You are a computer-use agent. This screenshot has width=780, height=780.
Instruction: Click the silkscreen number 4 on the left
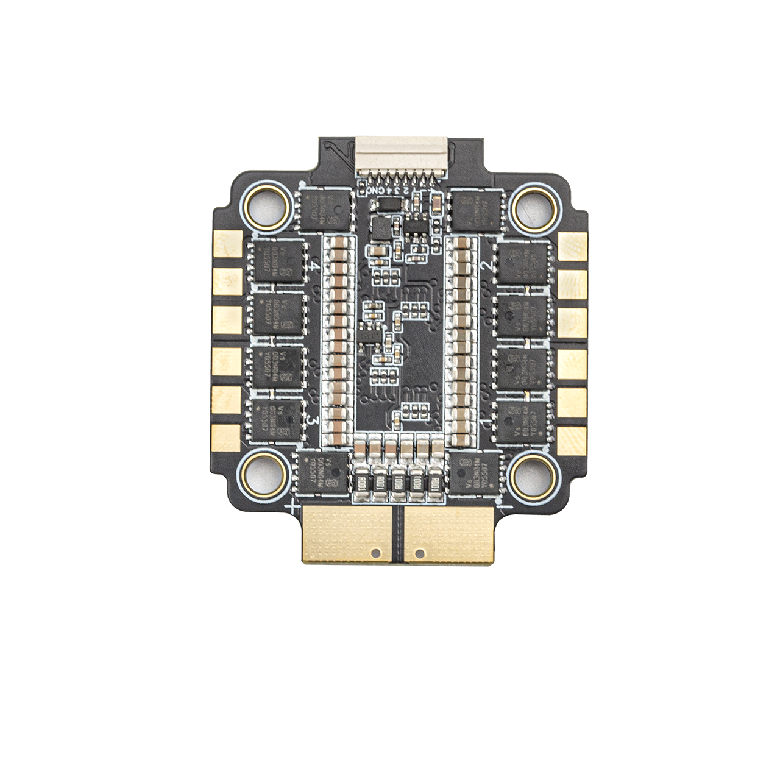[315, 266]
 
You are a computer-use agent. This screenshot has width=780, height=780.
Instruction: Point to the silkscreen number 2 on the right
[486, 265]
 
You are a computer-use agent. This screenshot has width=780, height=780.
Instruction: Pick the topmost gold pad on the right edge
[572, 246]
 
